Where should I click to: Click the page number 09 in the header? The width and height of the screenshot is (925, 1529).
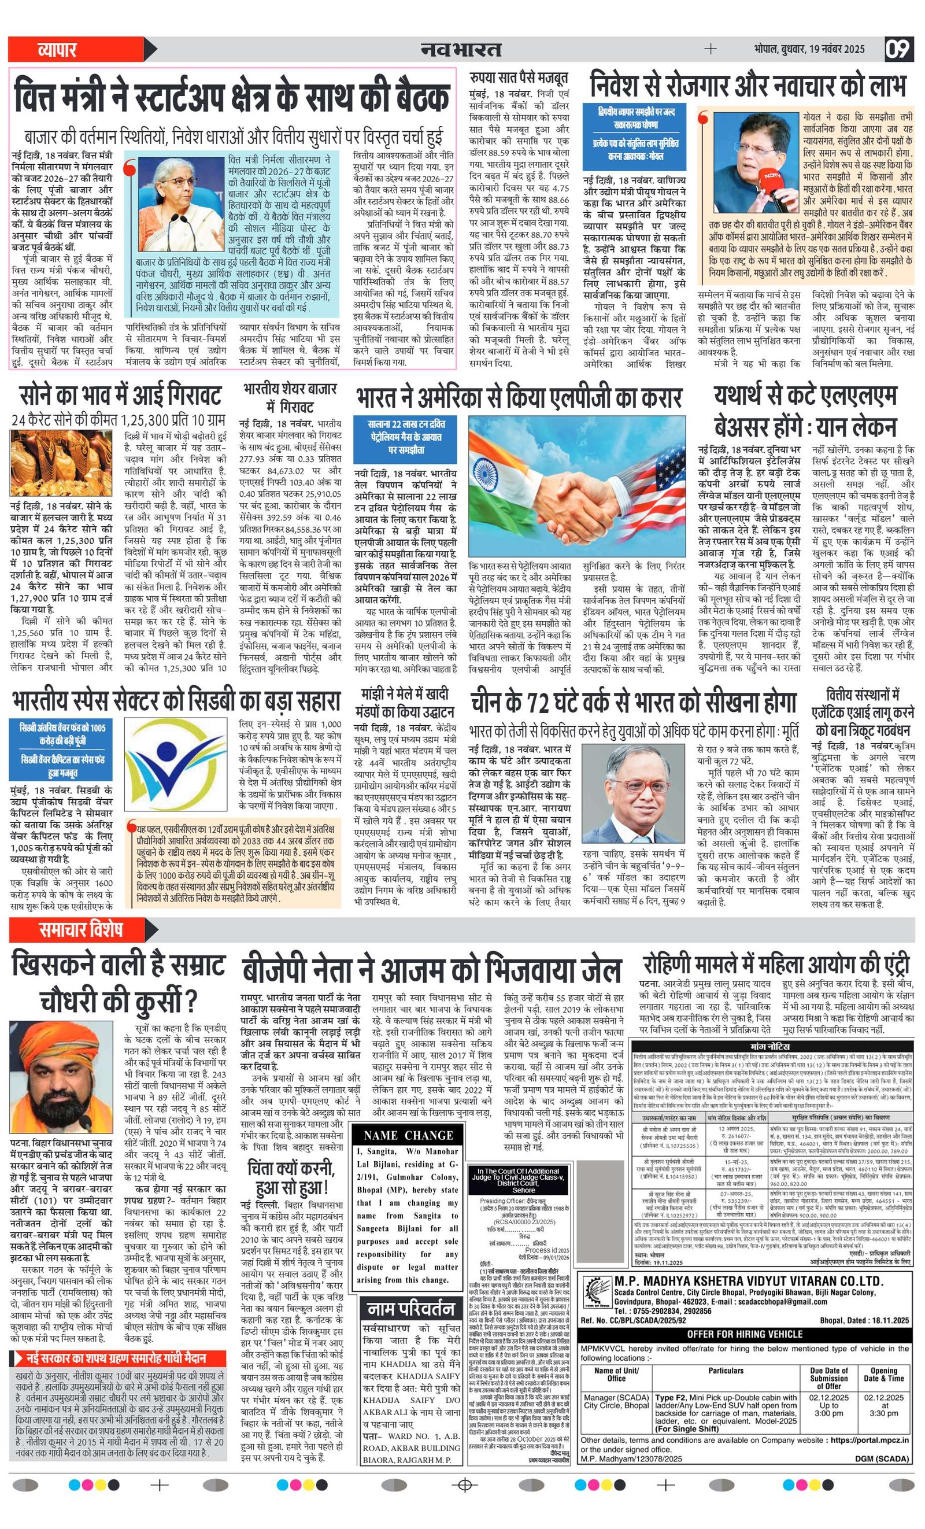pos(898,49)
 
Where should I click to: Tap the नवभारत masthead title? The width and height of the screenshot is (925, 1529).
pos(461,49)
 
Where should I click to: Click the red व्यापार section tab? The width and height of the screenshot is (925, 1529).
pos(57,50)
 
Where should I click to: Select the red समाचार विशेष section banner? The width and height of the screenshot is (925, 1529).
pos(81,929)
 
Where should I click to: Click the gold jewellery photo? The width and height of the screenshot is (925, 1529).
pos(61,462)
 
